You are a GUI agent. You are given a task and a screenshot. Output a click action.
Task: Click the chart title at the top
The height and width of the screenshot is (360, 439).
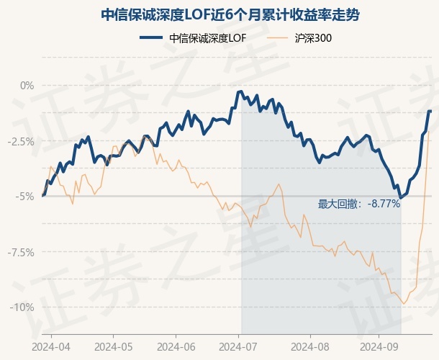coord(219,14)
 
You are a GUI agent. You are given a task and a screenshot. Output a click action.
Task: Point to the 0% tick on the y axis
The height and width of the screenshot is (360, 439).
coord(27,86)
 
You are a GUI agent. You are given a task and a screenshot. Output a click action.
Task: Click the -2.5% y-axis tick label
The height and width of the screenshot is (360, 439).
coord(21,141)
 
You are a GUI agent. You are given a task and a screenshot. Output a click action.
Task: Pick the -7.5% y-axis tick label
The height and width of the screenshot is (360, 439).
coord(21,252)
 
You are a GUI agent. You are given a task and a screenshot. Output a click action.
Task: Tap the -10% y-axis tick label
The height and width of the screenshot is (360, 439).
coord(23,307)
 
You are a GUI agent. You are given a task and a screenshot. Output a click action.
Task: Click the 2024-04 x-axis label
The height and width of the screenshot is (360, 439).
coord(50,346)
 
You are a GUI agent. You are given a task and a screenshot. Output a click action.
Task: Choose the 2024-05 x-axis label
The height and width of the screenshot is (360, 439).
coord(114,346)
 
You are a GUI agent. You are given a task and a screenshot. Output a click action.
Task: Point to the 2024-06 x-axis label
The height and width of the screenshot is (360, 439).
coord(177,346)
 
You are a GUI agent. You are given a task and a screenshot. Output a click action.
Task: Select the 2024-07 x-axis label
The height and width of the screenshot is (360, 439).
coord(240,346)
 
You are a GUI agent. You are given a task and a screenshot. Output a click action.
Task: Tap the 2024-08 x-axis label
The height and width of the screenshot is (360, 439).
coord(310,346)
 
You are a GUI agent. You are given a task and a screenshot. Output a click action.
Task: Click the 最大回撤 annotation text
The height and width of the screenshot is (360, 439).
coord(340,204)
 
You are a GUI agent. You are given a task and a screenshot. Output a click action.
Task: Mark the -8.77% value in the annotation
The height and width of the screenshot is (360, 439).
coord(383,204)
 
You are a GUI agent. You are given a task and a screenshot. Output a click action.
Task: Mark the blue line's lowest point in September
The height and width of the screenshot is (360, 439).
coord(400,197)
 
